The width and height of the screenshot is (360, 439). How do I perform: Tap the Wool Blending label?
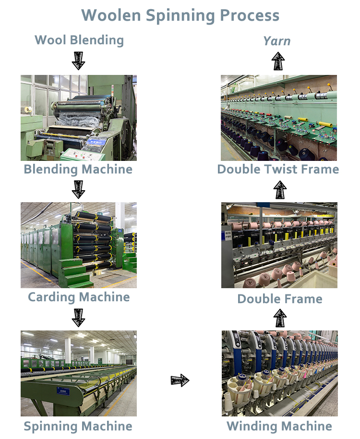79,40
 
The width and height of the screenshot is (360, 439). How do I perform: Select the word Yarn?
277,41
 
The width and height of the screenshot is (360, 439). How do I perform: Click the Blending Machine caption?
78,169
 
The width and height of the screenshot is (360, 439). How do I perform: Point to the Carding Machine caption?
79,297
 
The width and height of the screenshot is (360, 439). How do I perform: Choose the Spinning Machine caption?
78,426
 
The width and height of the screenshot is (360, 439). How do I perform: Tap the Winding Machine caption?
279,426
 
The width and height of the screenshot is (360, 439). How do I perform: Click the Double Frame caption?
279,299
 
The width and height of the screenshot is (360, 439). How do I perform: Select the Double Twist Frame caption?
278,169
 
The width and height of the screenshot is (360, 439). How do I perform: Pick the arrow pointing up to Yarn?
278,61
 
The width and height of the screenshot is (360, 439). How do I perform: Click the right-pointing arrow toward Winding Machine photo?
180,381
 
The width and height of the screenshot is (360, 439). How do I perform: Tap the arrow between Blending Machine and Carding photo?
78,189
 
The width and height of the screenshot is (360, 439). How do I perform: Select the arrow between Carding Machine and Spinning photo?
78,317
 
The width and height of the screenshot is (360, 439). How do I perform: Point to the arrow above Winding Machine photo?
280,318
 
